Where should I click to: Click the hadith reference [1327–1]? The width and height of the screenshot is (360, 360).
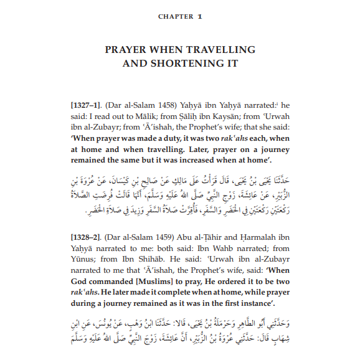click(x=85, y=105)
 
